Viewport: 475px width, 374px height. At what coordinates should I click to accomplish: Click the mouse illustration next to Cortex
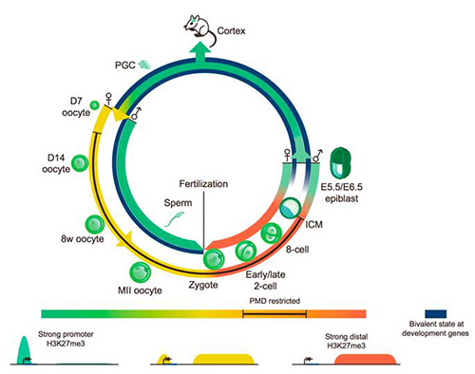(199, 29)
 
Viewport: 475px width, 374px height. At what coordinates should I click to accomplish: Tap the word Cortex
(231, 31)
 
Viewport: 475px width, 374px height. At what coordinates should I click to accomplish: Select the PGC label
(125, 65)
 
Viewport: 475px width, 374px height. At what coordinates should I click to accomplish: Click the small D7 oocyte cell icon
(94, 104)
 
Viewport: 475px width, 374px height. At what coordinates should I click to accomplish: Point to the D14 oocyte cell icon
(79, 163)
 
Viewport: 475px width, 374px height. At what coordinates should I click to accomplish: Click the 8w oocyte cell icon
(95, 224)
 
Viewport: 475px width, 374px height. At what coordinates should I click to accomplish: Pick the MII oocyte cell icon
(141, 272)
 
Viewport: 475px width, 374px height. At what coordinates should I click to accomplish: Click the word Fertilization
(203, 184)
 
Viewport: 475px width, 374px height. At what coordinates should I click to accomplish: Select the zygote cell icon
(214, 259)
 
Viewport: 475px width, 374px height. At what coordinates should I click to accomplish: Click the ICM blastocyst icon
(290, 208)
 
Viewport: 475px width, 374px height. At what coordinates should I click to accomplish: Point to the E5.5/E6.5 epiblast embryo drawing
(340, 163)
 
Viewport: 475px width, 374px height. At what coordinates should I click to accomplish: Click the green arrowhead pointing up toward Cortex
(199, 49)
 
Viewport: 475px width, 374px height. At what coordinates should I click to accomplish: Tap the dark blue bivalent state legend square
(435, 313)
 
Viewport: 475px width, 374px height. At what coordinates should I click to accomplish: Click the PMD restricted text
(275, 301)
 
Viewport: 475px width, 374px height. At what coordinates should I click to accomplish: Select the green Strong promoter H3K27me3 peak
(25, 350)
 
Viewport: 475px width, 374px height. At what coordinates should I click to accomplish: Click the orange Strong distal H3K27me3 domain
(366, 359)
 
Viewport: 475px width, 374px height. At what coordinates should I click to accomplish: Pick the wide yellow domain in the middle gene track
(224, 359)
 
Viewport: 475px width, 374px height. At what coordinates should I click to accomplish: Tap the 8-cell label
(297, 250)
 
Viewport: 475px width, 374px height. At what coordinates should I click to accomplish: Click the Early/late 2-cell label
(265, 280)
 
